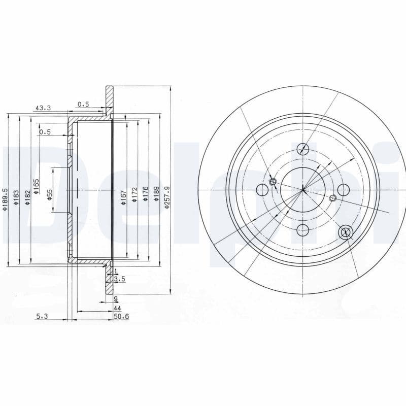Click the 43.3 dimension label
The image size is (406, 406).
coord(43,108)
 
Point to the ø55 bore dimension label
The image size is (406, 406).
coord(50,194)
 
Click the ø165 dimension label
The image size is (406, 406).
coord(37,186)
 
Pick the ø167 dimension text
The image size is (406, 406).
coord(123,197)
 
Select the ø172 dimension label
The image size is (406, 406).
coord(134,194)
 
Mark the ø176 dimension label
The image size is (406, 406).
coord(146,194)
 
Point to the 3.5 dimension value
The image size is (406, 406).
coord(120,279)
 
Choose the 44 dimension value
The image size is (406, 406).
coord(117,308)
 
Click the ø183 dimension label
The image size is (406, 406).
coord(16,197)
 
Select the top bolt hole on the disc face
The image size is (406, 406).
coord(303,149)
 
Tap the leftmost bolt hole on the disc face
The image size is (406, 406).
coord(262,190)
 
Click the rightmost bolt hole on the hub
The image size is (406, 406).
coord(344,190)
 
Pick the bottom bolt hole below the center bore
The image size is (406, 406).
coord(303,230)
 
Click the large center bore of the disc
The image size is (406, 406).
coord(303,190)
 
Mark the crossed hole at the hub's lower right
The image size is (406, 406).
coord(346,232)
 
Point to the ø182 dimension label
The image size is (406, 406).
coord(27,197)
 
